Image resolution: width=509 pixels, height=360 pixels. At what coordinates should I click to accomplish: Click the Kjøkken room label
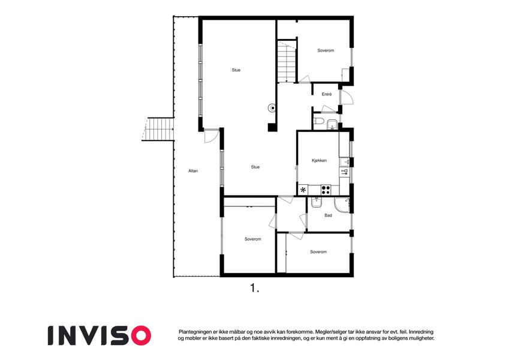pos(319,161)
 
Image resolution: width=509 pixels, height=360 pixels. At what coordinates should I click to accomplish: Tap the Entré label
pos(327,94)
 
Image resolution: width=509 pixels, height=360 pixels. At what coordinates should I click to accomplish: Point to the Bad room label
pos(328,215)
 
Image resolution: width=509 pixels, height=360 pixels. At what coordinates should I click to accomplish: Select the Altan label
pos(193,171)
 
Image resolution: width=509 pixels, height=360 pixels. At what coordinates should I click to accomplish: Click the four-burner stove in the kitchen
pos(326,190)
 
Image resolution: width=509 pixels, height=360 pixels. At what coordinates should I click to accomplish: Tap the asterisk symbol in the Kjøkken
pos(303,190)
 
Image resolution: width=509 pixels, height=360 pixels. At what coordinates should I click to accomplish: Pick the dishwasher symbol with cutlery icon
pos(344,172)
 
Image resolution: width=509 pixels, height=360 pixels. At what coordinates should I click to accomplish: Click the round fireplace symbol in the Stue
pos(272,108)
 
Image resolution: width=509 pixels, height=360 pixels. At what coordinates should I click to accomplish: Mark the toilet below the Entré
pos(318,122)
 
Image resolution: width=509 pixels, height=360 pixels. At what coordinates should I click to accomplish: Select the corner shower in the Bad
pos(342,205)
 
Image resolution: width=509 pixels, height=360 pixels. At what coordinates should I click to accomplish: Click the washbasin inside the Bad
pos(316,202)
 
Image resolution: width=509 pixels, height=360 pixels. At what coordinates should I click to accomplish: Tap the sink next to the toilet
pos(332,124)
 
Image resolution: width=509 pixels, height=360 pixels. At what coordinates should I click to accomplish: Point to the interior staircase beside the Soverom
pos(287,61)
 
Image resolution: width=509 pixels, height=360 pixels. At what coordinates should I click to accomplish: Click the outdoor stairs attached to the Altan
pos(158,130)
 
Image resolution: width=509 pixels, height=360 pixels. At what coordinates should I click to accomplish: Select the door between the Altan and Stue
pos(210,136)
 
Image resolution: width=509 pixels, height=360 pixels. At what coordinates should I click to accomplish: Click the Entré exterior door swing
pos(347,97)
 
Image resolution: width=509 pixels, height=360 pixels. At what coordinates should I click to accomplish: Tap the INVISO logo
pos(100,335)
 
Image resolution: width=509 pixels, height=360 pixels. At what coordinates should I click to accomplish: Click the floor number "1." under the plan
pos(255,288)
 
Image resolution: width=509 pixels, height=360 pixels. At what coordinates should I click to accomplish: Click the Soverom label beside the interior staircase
pos(326,50)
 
